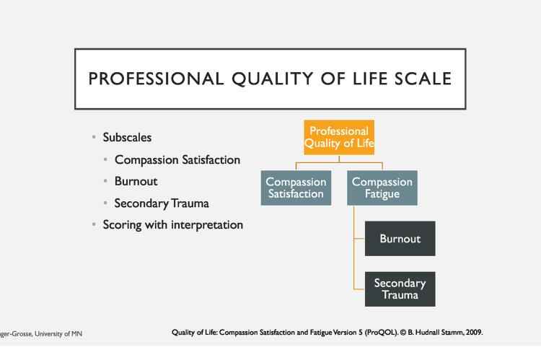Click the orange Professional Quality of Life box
tap(339, 137)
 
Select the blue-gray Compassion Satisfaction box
tap(296, 188)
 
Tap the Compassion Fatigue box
tap(382, 188)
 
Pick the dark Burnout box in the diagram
tap(400, 239)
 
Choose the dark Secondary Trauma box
tap(400, 289)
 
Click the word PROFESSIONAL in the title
tap(156, 79)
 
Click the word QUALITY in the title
tap(272, 79)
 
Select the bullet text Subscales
tap(127, 137)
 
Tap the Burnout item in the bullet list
tap(136, 181)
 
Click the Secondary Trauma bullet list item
tap(162, 203)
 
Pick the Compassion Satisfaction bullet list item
tap(177, 160)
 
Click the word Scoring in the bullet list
tap(122, 225)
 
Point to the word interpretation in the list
tap(207, 225)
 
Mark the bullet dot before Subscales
tap(94, 137)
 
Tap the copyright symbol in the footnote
tap(403, 333)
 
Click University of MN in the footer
tap(58, 334)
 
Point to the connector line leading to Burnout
tap(359, 239)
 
